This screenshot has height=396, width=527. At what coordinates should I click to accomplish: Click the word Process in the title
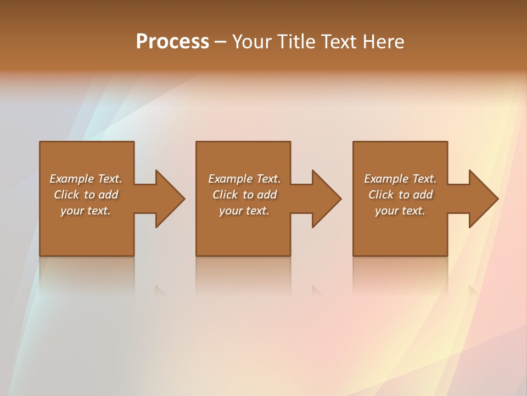(172, 42)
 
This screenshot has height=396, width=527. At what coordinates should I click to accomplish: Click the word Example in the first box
(72, 179)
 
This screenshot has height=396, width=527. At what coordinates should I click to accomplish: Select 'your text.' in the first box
(86, 211)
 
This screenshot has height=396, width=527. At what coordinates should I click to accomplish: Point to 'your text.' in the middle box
(244, 211)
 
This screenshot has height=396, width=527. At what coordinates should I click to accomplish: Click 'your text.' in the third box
(400, 211)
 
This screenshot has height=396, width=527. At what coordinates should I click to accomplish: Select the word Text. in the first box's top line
(110, 179)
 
